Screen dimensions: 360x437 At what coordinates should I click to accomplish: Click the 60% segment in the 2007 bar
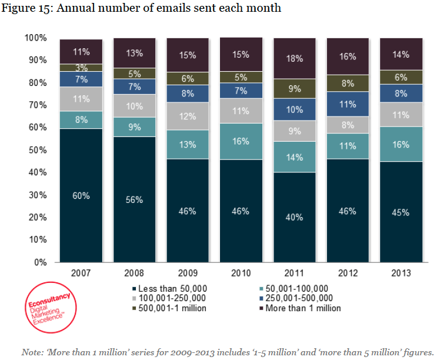coord(81,195)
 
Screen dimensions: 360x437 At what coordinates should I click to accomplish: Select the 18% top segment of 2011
coord(295,58)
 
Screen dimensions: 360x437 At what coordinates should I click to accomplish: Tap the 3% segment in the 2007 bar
coord(81,68)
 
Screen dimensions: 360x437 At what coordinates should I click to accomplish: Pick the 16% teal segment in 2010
coord(241,141)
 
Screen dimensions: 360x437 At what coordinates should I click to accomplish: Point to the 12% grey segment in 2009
coord(188,116)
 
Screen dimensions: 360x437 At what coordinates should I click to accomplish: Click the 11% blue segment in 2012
coord(348,104)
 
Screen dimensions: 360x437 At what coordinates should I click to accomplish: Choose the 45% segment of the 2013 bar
coord(401,212)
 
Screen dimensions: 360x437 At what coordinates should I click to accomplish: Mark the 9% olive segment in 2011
coord(295,89)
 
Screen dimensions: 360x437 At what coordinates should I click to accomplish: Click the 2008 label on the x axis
coord(135,274)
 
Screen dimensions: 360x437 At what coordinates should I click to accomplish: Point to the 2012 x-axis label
coord(348,274)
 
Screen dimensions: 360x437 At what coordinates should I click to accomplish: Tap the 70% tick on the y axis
coord(38,105)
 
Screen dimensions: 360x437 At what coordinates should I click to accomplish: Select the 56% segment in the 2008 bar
coord(135,199)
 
